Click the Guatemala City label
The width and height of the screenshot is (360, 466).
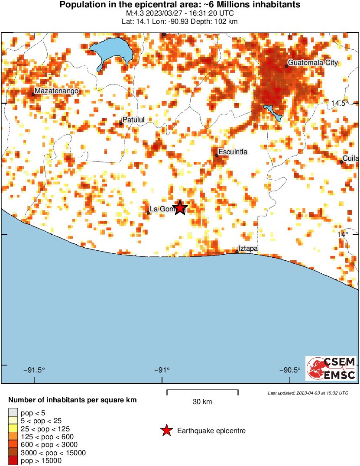[x=313, y=63]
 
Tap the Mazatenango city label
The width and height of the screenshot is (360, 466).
[x=56, y=91]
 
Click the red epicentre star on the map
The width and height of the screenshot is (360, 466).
[x=180, y=208]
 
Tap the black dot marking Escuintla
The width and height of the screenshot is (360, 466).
[x=217, y=155]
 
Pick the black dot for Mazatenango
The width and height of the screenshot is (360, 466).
[x=33, y=94]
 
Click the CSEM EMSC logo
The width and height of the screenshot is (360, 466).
[x=331, y=369]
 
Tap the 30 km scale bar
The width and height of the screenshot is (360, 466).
[x=202, y=392]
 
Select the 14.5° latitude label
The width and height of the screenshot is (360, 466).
[x=340, y=103]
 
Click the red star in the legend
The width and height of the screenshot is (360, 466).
[x=166, y=430]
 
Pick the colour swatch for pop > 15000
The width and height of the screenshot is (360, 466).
[x=13, y=461]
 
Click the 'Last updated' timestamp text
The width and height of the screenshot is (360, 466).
[x=308, y=393]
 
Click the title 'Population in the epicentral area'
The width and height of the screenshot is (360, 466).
[x=180, y=5]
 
